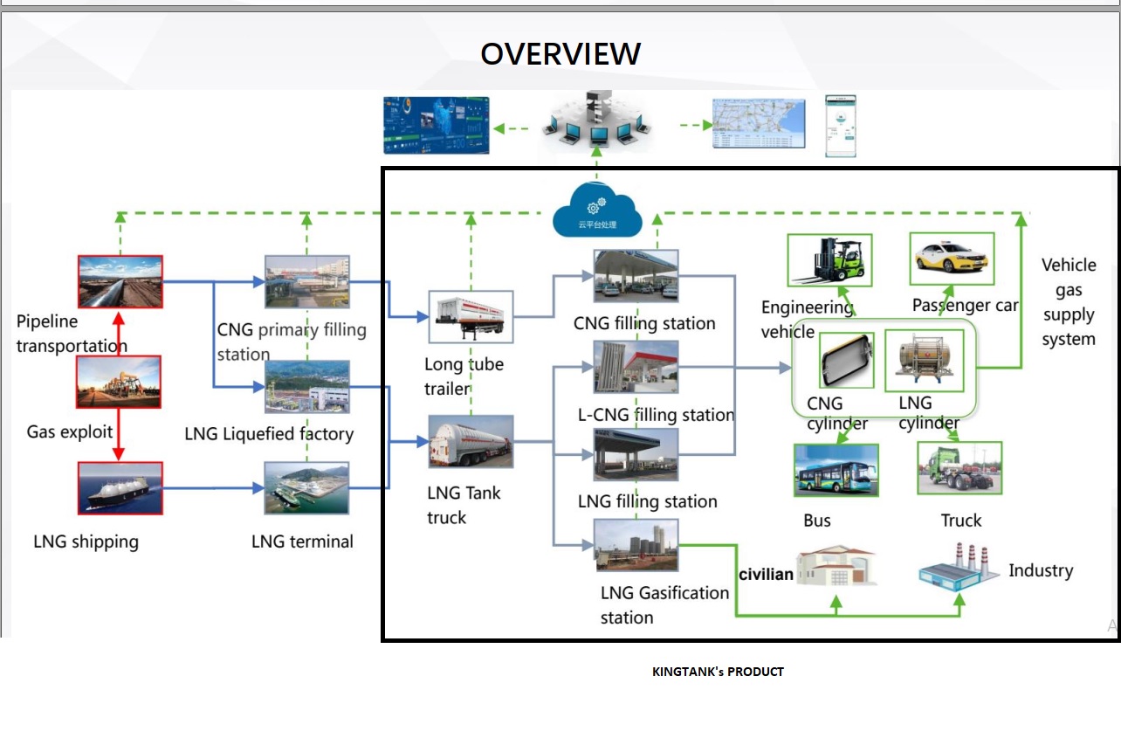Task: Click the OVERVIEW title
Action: [560, 54]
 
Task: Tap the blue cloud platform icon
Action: [597, 212]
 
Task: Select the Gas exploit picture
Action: [119, 382]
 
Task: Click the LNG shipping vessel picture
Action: [120, 487]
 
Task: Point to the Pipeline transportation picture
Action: [120, 281]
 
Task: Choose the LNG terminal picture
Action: [306, 487]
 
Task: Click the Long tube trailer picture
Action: [471, 316]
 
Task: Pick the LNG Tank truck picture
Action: [471, 441]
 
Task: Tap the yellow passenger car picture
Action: [952, 258]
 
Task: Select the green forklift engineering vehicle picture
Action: [829, 259]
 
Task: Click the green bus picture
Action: [836, 470]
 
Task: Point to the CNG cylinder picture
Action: [846, 359]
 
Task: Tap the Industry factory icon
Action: [958, 566]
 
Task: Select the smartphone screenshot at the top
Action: [841, 126]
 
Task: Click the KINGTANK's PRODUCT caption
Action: [718, 672]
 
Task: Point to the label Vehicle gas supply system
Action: [1069, 301]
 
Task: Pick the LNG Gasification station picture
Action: [636, 544]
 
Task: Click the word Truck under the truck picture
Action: [960, 521]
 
